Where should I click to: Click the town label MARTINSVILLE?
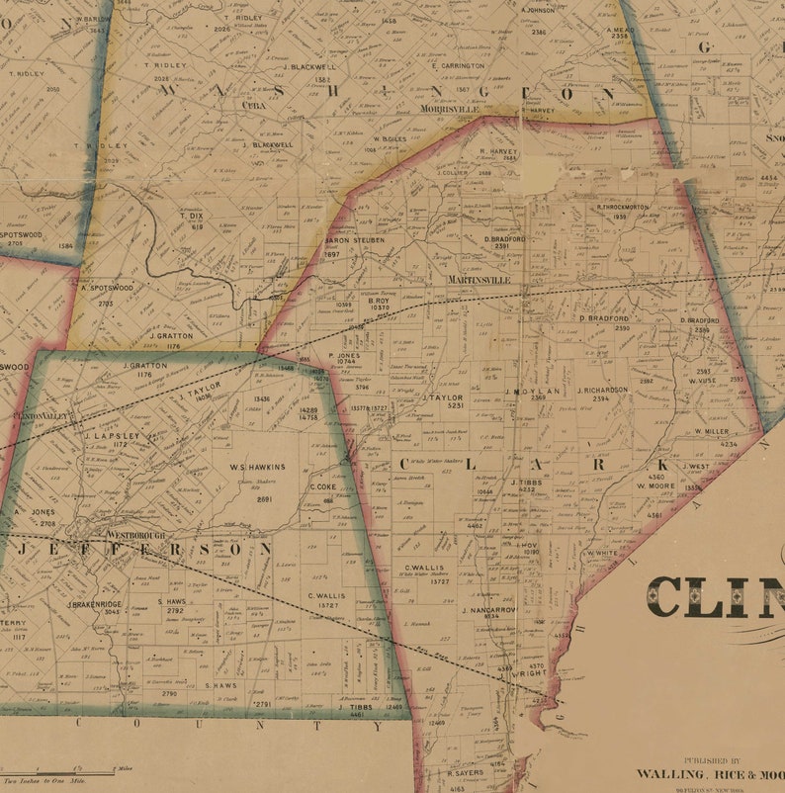479,280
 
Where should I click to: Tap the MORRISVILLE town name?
450,109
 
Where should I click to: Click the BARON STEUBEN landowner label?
355,240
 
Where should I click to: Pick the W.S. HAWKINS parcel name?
257,467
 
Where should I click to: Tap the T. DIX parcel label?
191,215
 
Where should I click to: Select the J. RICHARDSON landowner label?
602,390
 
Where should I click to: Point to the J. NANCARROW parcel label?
488,610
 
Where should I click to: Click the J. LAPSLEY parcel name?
109,435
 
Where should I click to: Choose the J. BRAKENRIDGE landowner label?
94,604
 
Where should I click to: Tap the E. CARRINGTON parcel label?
458,66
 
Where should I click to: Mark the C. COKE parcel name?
325,486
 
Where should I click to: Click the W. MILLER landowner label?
711,432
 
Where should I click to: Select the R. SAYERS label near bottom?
464,772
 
